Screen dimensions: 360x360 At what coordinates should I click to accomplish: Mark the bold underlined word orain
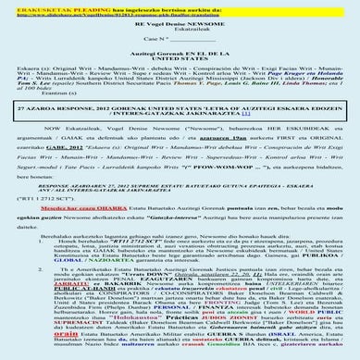[57, 346]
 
